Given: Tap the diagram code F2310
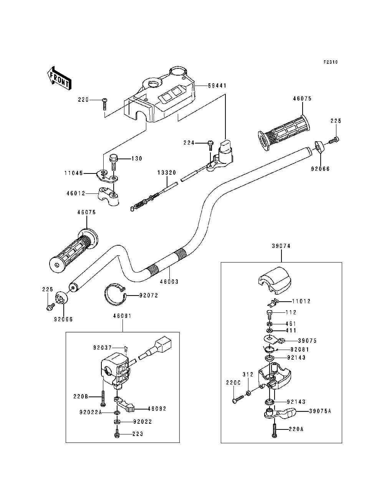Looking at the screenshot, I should coord(330,62).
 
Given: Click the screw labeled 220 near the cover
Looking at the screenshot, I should coord(105,103).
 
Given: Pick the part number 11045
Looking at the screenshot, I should coord(73,173).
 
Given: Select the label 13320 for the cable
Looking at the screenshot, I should coord(167,173).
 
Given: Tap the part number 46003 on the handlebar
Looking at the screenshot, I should coord(169,281).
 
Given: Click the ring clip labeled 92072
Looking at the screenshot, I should coord(114,294).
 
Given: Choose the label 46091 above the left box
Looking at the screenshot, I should coord(122,316).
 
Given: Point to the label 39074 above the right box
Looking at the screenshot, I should coord(281,246).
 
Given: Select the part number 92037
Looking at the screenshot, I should coord(102,348).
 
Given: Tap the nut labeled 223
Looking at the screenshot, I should coord(117,434).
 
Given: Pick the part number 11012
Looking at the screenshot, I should coord(301,301).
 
